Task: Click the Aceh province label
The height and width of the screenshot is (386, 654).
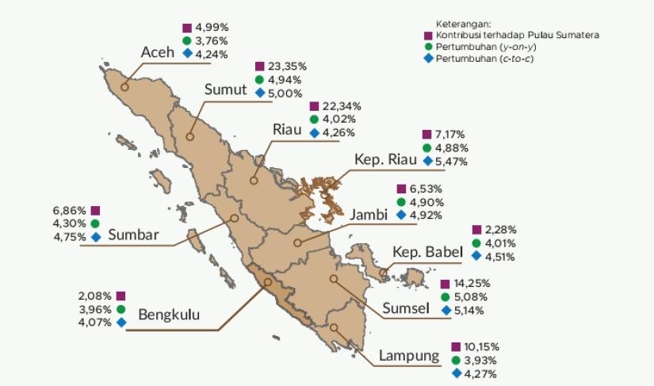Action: [x=157, y=52]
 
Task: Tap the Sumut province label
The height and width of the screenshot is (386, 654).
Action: [x=227, y=89]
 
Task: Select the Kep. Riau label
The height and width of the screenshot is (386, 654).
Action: [x=385, y=159]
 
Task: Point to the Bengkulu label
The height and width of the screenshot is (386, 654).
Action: [x=169, y=315]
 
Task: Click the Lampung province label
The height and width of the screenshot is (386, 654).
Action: [x=409, y=355]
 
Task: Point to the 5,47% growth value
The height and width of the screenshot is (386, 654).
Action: [x=451, y=161]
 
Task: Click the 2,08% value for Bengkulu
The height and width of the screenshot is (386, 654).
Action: [x=94, y=296]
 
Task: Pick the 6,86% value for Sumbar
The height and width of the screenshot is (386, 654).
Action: [x=69, y=211]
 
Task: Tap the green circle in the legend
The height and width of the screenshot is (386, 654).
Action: [x=428, y=48]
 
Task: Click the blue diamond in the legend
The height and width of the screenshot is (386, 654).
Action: [x=428, y=59]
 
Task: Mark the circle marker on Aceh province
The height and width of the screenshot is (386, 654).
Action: [x=124, y=88]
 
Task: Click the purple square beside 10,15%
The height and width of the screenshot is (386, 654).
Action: [x=456, y=347]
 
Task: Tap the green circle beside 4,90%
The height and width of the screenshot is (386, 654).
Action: [x=401, y=202]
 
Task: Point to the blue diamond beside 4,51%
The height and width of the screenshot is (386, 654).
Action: [x=476, y=256]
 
